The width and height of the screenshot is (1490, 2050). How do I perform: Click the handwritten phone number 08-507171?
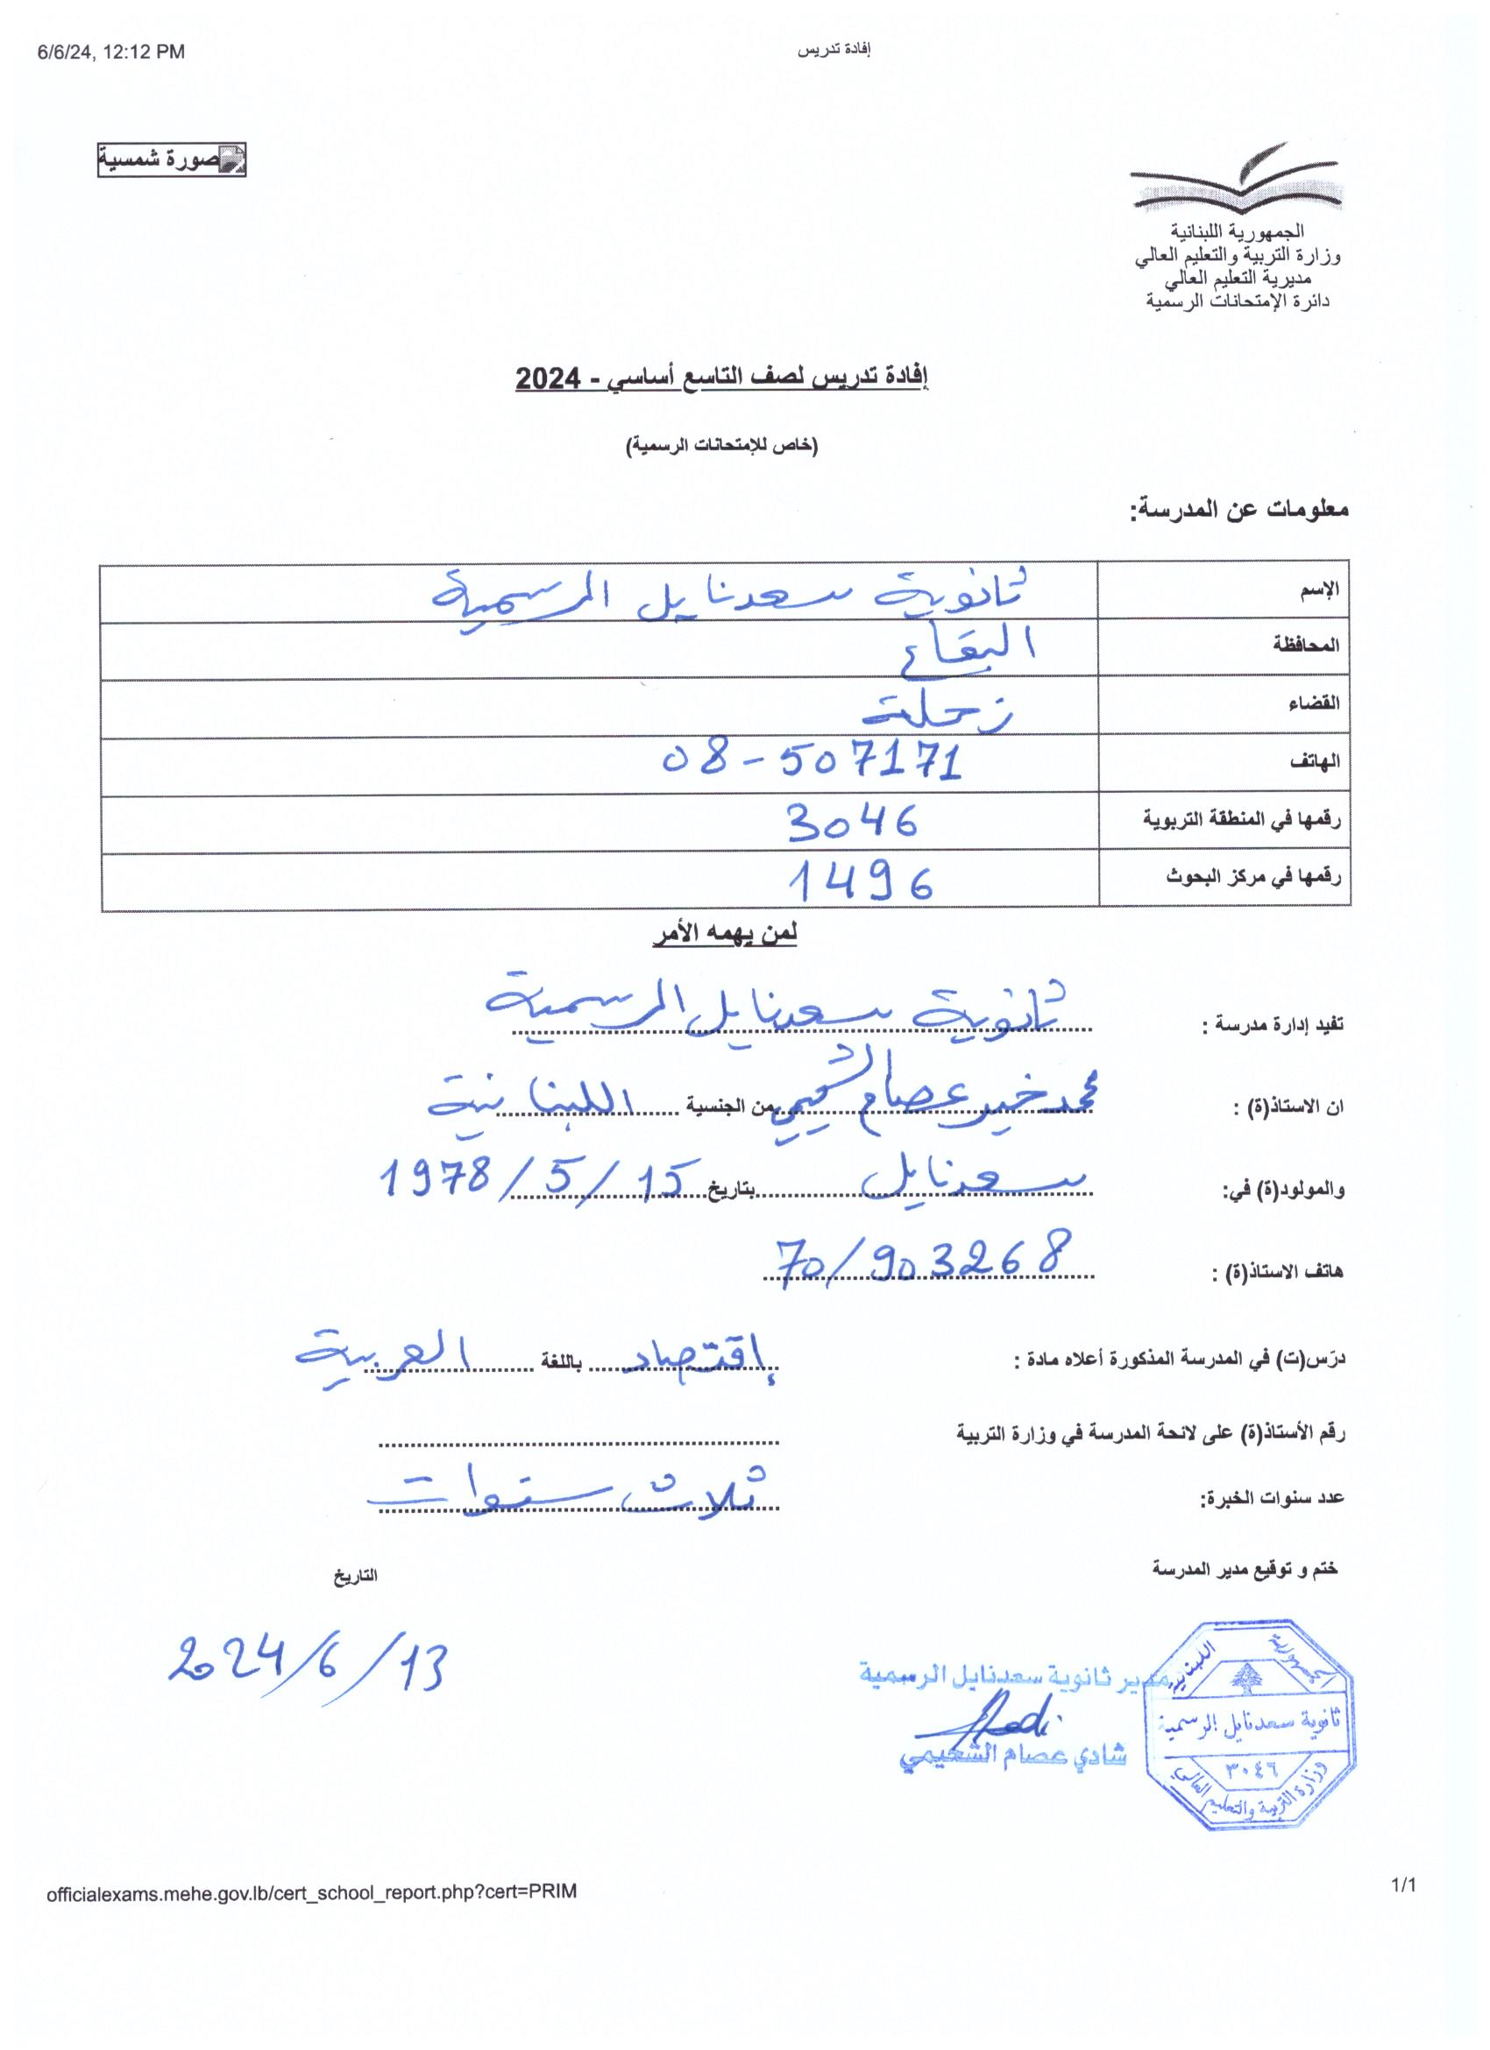pos(812,760)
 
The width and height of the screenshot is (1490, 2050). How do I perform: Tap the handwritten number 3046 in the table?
pos(852,822)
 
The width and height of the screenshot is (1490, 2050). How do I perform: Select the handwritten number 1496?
pos(859,880)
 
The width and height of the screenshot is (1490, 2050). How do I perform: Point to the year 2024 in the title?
pos(548,378)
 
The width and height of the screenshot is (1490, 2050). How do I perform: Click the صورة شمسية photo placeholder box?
pos(172,160)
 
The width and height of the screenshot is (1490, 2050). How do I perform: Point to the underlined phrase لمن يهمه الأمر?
pos(724,935)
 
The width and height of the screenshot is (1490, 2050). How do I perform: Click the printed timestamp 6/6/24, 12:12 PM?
pos(110,53)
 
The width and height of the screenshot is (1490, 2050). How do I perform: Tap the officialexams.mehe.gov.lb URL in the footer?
pos(311,1891)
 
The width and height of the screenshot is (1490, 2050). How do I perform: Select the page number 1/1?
pos(1403,1884)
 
